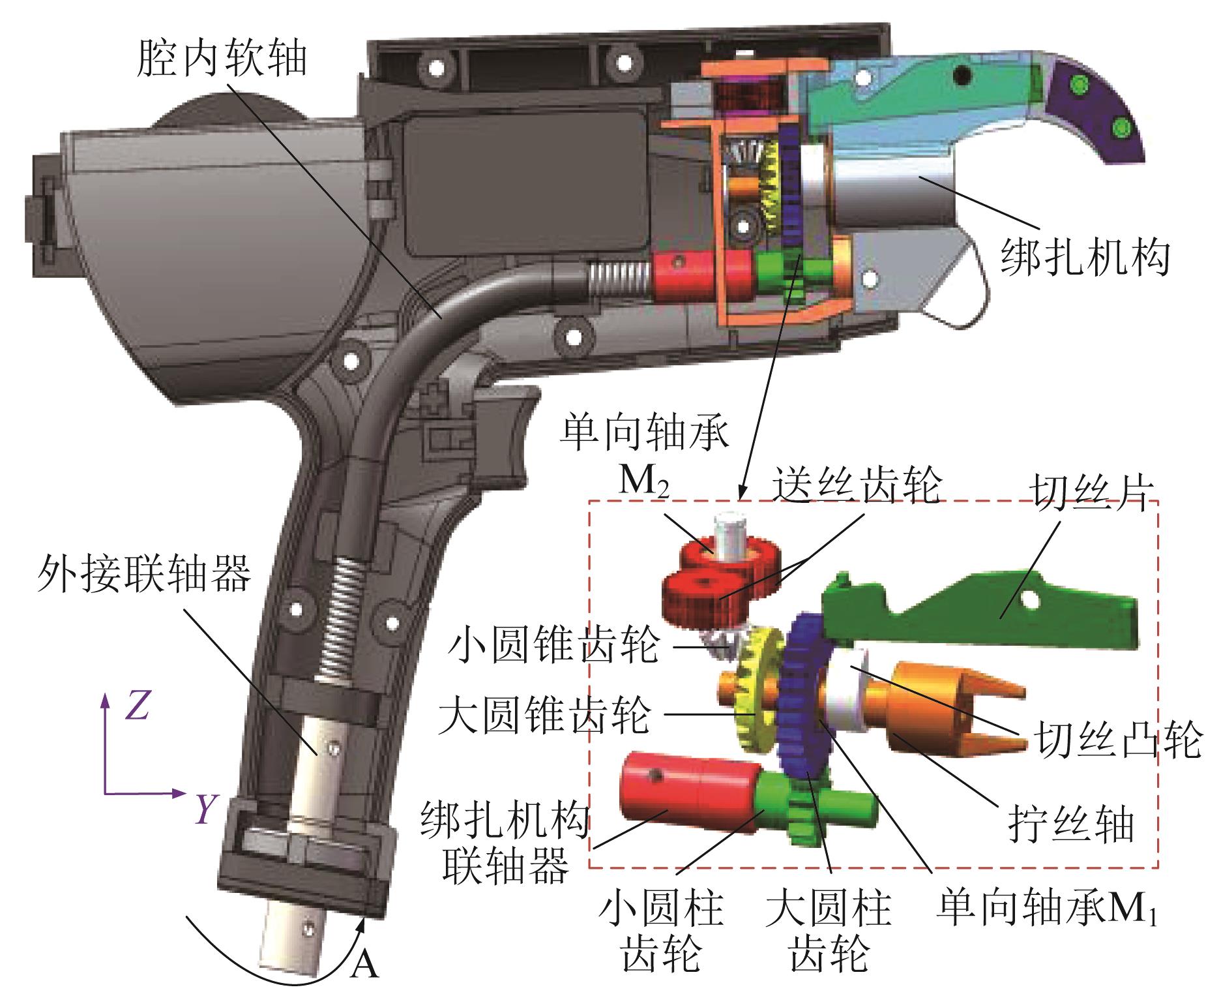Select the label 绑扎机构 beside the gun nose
[1085, 258]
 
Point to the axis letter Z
[138, 707]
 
